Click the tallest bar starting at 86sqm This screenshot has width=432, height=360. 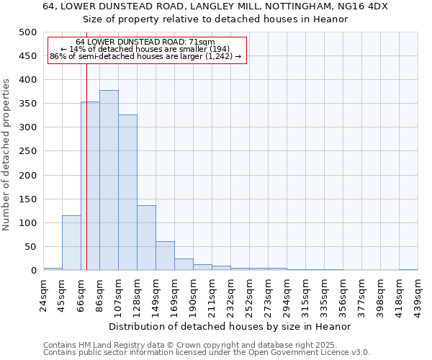(109, 180)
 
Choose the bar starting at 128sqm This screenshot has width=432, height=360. (146, 238)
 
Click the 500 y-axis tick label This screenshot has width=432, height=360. (28, 32)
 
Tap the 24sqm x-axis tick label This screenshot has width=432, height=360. (43, 294)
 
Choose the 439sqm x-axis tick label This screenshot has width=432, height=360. (418, 294)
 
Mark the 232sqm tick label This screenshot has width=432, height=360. (230, 294)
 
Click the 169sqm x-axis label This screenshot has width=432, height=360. (174, 294)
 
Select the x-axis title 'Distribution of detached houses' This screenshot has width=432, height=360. (230, 326)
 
